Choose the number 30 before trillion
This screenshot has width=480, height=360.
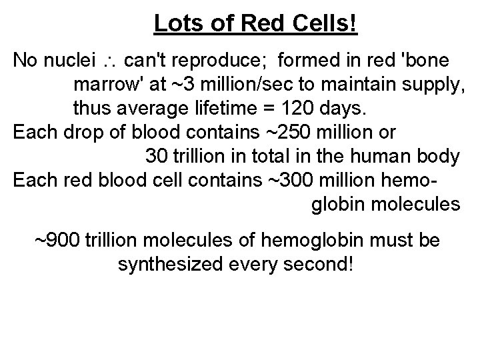(x=156, y=157)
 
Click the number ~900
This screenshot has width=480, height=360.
(x=56, y=239)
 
